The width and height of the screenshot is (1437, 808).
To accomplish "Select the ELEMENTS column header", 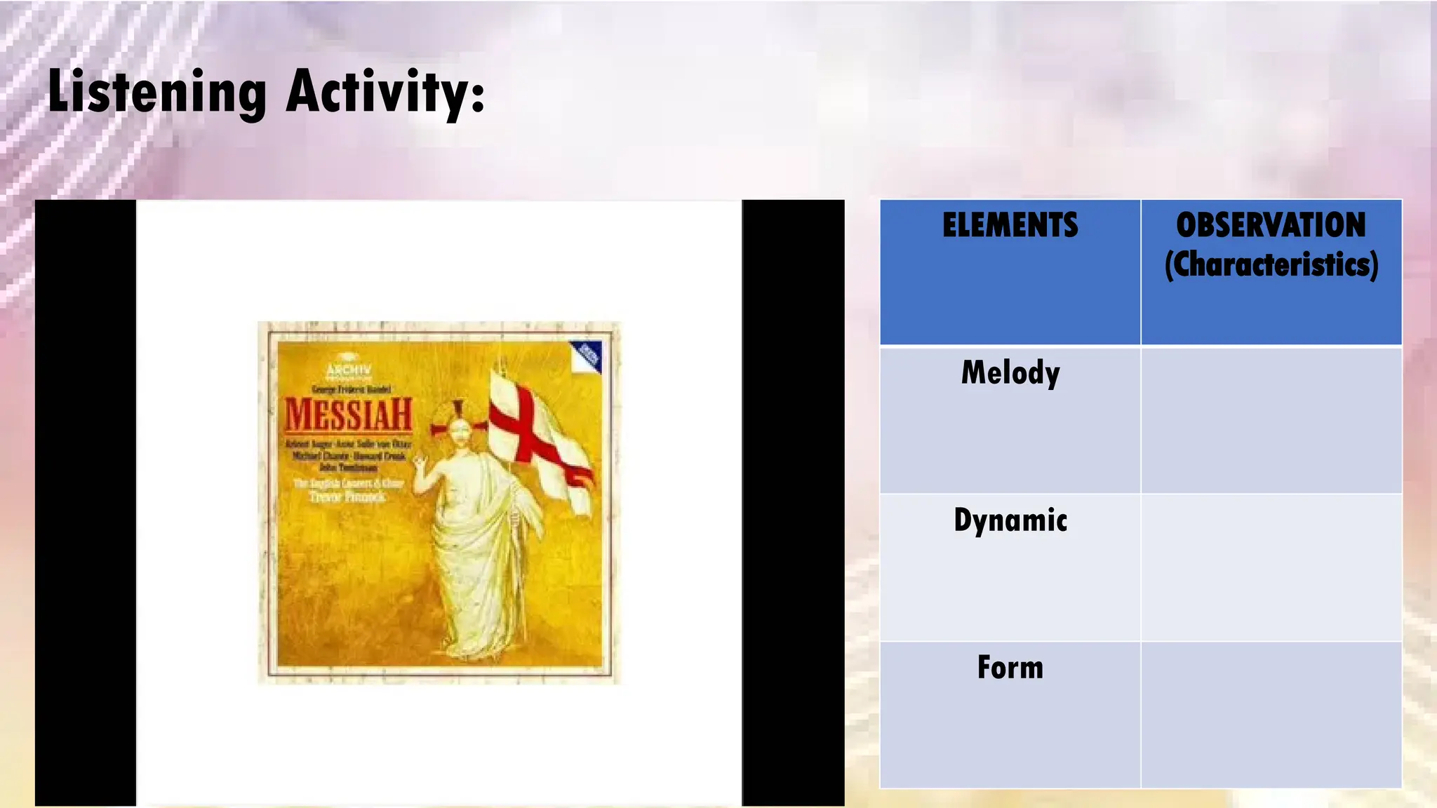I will click(x=1010, y=226).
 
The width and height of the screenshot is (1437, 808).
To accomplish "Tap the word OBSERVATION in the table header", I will click(x=1271, y=226).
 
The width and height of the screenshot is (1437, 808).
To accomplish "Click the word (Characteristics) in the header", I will click(x=1271, y=264).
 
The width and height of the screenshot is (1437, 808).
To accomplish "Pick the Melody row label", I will click(x=1010, y=372).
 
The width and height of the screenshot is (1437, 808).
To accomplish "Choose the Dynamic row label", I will click(x=1010, y=520).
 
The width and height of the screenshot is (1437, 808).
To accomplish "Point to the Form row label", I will click(x=1010, y=667).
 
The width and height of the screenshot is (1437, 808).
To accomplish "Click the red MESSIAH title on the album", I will click(x=348, y=415).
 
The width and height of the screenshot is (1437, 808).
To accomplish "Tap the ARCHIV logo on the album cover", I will click(x=349, y=370).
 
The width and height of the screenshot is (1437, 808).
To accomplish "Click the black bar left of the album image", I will click(x=85, y=502).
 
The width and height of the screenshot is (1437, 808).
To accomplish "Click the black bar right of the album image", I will click(x=793, y=502).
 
